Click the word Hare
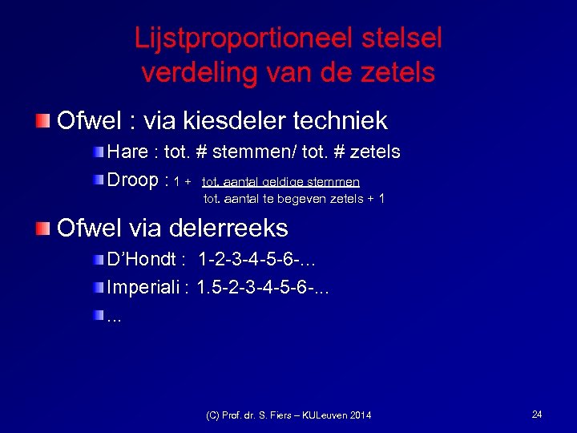pyautogui.click(x=127, y=152)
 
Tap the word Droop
pyautogui.click(x=133, y=180)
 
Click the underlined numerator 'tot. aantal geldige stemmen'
pyautogui.click(x=280, y=182)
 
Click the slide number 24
pyautogui.click(x=537, y=414)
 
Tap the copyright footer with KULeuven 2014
pyautogui.click(x=288, y=415)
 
